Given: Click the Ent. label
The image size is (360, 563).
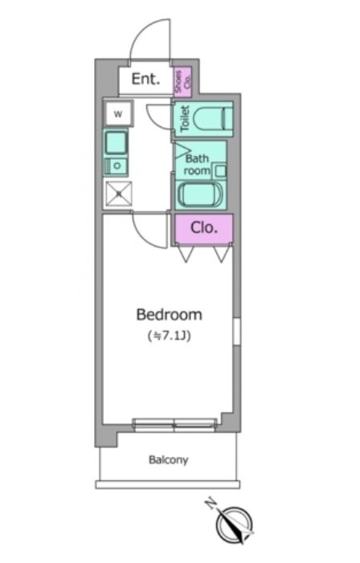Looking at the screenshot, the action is [145, 79].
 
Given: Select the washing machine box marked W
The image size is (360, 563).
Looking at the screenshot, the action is [118, 114].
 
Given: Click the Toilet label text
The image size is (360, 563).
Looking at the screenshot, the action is [185, 118].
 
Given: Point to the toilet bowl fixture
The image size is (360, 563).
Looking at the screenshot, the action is [213, 119].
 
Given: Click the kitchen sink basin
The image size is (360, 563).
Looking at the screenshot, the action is [116, 142].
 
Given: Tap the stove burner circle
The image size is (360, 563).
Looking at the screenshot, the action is [117, 166].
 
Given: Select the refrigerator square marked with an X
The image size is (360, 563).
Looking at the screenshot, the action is [119, 194].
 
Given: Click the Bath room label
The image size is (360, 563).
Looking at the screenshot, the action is [197, 164].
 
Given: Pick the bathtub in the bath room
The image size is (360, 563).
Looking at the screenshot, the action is [200, 194].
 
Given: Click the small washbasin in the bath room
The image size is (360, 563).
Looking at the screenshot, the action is [220, 171].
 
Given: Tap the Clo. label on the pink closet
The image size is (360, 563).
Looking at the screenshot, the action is [204, 227].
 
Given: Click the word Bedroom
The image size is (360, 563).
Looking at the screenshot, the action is [170, 315].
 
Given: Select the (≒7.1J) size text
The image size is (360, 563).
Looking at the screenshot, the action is [169, 336].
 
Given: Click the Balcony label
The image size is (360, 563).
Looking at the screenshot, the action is [169, 460].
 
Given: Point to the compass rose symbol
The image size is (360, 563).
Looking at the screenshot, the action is [235, 524].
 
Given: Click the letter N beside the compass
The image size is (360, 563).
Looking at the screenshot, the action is [211, 503].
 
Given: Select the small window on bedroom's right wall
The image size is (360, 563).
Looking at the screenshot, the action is [236, 332].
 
